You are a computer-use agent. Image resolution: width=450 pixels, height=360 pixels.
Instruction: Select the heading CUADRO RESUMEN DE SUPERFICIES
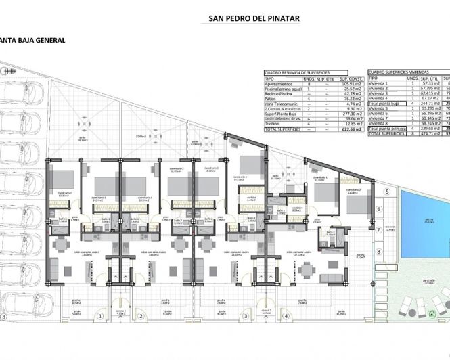coord(295,72)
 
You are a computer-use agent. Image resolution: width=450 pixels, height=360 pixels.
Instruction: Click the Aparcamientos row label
coord(279,84)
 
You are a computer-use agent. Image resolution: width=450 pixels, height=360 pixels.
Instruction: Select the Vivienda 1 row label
coord(378,83)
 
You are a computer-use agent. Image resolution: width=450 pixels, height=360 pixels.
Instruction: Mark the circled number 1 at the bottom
coord(101,315)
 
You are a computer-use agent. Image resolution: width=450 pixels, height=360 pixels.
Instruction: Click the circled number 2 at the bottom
coord(141,315)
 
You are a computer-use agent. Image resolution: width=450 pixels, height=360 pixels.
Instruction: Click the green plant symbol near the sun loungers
coord(432,312)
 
